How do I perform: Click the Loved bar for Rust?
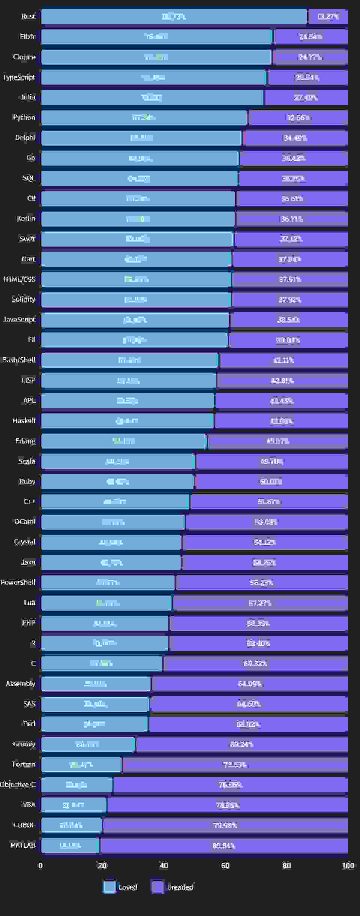pos(174,17)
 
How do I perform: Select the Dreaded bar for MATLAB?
pos(223,845)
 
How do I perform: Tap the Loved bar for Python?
pos(144,117)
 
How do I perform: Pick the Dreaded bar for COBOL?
pos(225,825)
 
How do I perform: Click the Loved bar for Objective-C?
pos(76,785)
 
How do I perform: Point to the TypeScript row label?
pos(19,77)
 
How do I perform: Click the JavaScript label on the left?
pos(19,320)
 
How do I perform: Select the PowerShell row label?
pos(18,583)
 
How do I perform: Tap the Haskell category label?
pos(24,421)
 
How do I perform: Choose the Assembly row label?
pos(20,684)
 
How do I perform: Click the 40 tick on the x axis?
pos(163,866)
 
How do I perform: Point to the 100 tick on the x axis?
pos(348,866)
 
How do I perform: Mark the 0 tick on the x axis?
pos(40,866)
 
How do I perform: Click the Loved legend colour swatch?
pos(109,887)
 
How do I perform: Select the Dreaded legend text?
pos(180,887)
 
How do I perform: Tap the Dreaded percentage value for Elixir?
pos(310,37)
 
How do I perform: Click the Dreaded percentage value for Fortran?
pos(235,765)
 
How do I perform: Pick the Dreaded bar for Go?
pos(294,158)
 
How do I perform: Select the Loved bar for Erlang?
pos(124,441)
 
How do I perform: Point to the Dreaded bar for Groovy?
pos(241,745)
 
